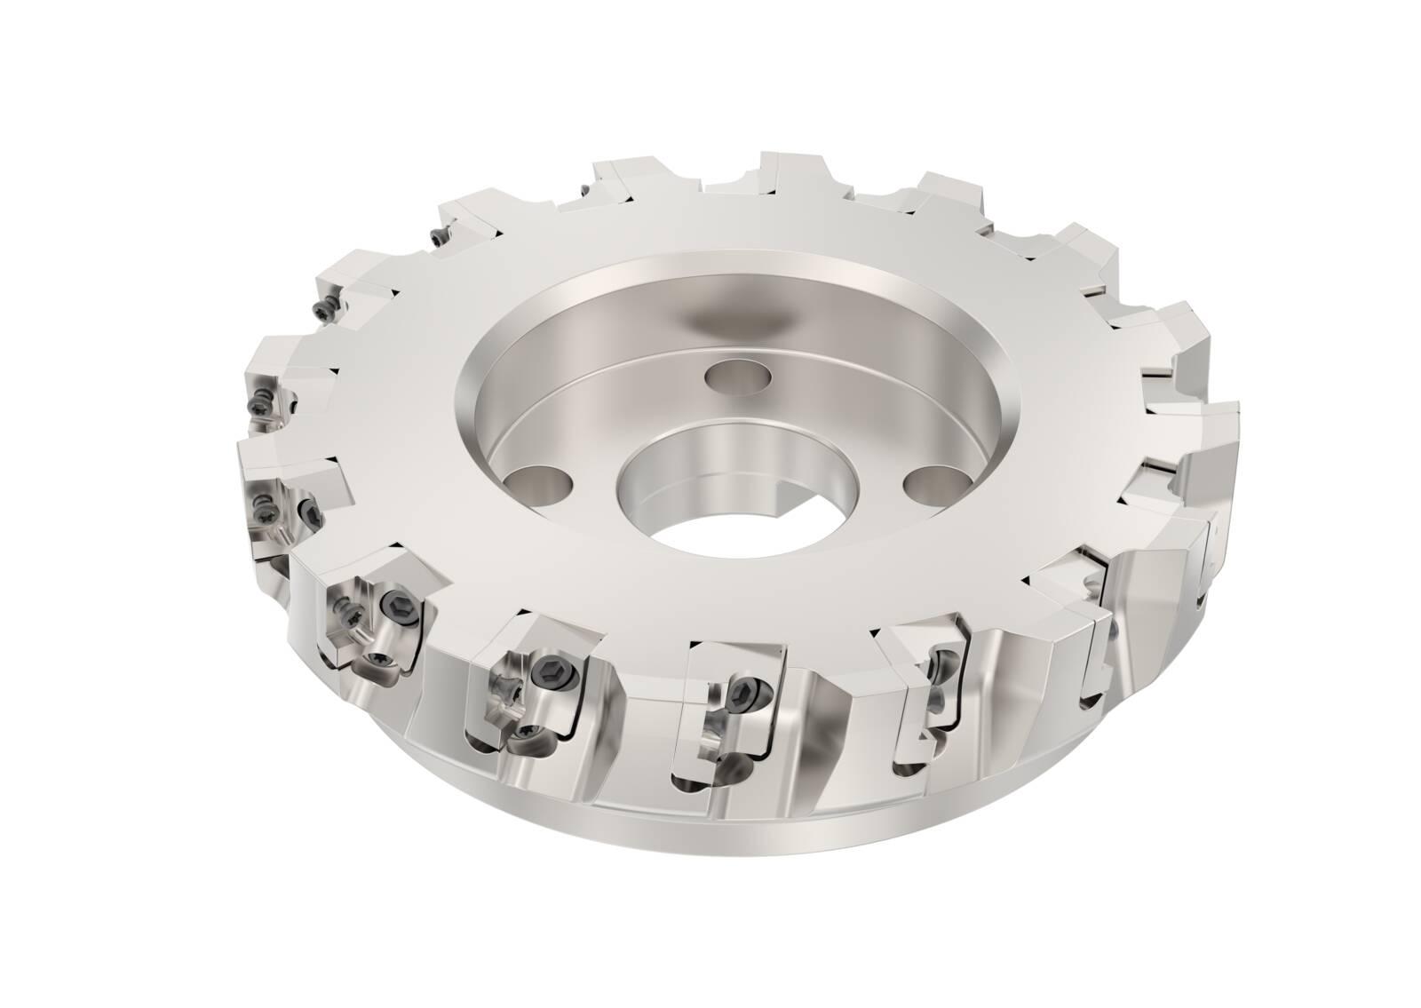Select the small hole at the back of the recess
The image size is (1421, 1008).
741,375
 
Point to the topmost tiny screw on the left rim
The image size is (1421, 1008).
436,237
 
